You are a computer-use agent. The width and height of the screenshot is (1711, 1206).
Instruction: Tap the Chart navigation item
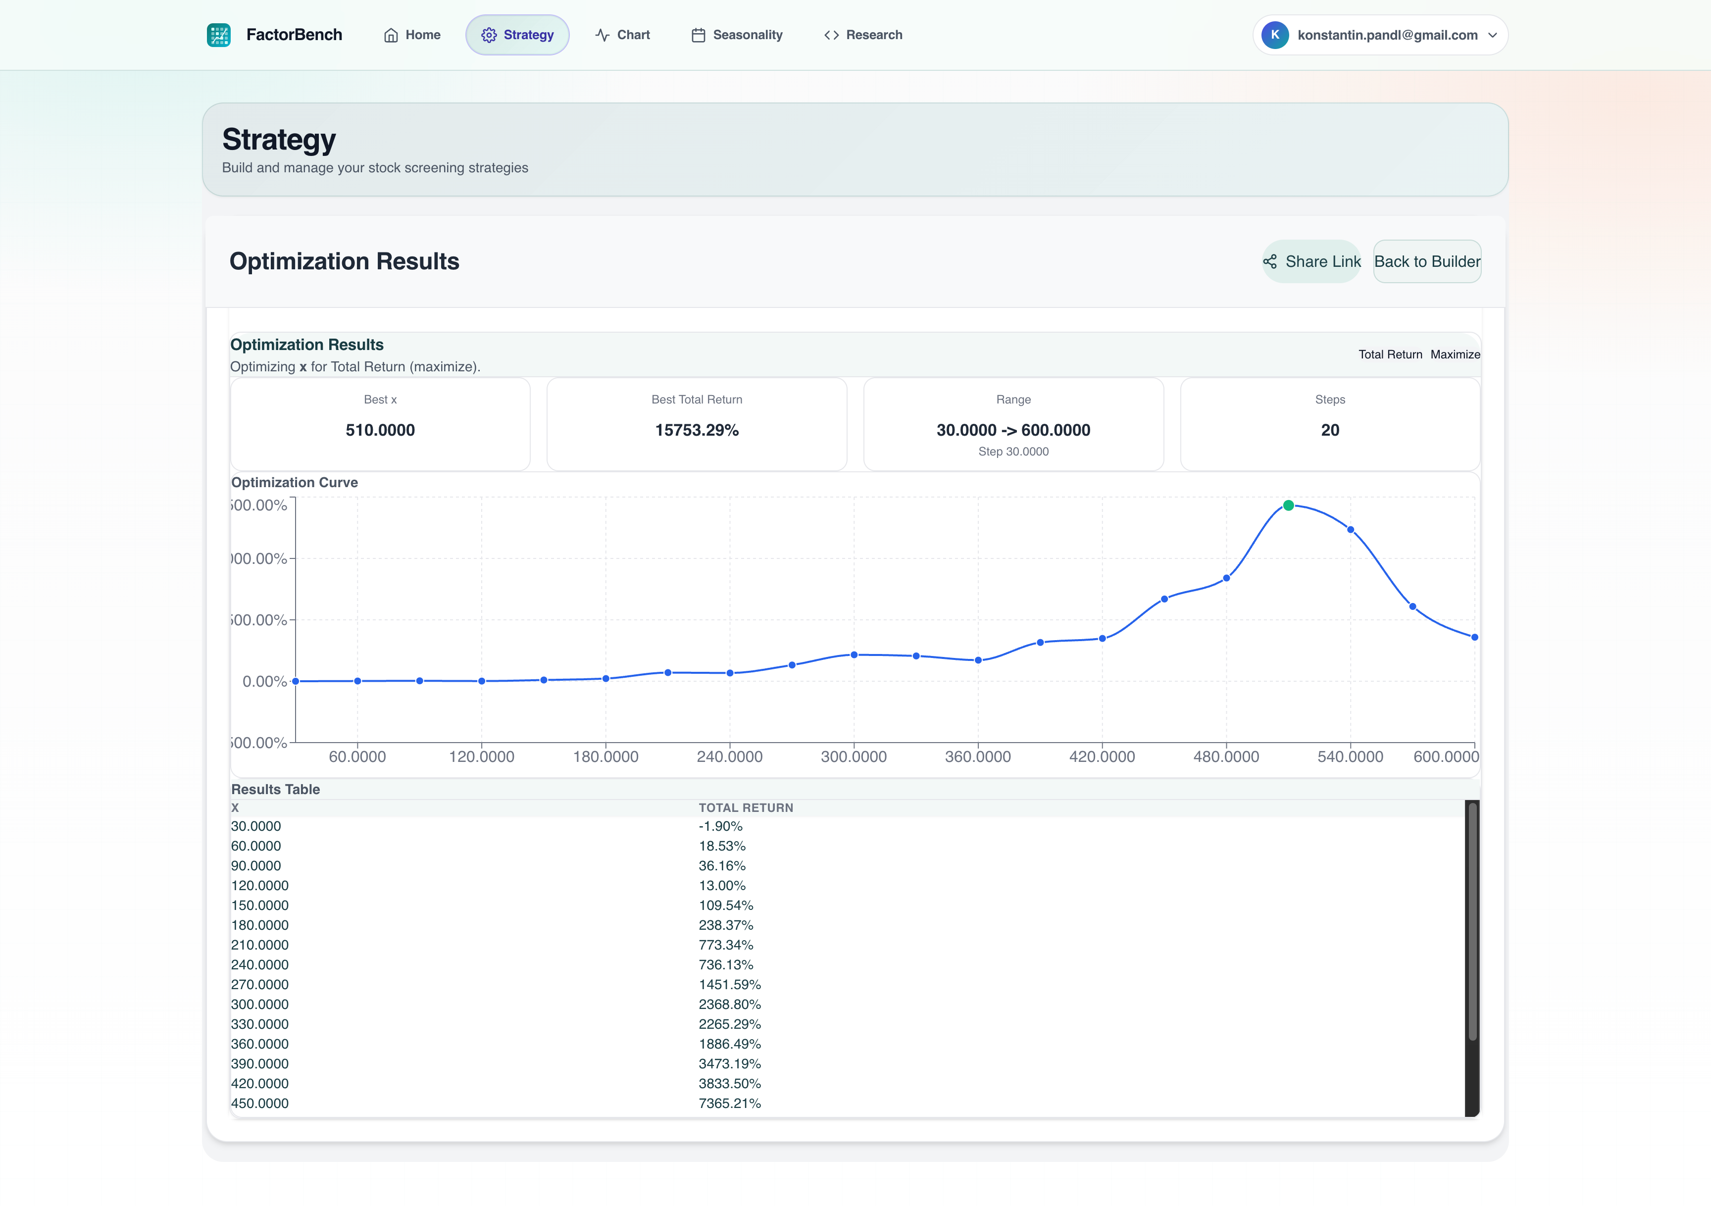622,35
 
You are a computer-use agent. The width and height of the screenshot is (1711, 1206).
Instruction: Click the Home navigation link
412,35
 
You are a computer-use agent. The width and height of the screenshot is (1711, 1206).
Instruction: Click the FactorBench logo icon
218,35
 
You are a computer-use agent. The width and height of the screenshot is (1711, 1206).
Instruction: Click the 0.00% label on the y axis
264,681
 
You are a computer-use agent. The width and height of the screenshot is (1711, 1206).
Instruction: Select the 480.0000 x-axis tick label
1226,756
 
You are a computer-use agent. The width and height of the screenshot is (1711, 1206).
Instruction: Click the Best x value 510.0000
380,430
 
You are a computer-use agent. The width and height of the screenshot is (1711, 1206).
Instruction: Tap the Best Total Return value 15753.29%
697,430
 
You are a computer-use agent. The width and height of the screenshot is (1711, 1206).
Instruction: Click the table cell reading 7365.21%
730,1103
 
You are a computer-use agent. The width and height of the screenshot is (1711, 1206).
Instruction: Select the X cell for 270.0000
259,985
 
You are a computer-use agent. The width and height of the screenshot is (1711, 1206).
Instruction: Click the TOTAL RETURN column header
745,808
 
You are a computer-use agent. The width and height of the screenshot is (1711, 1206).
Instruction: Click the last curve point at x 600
1474,637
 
